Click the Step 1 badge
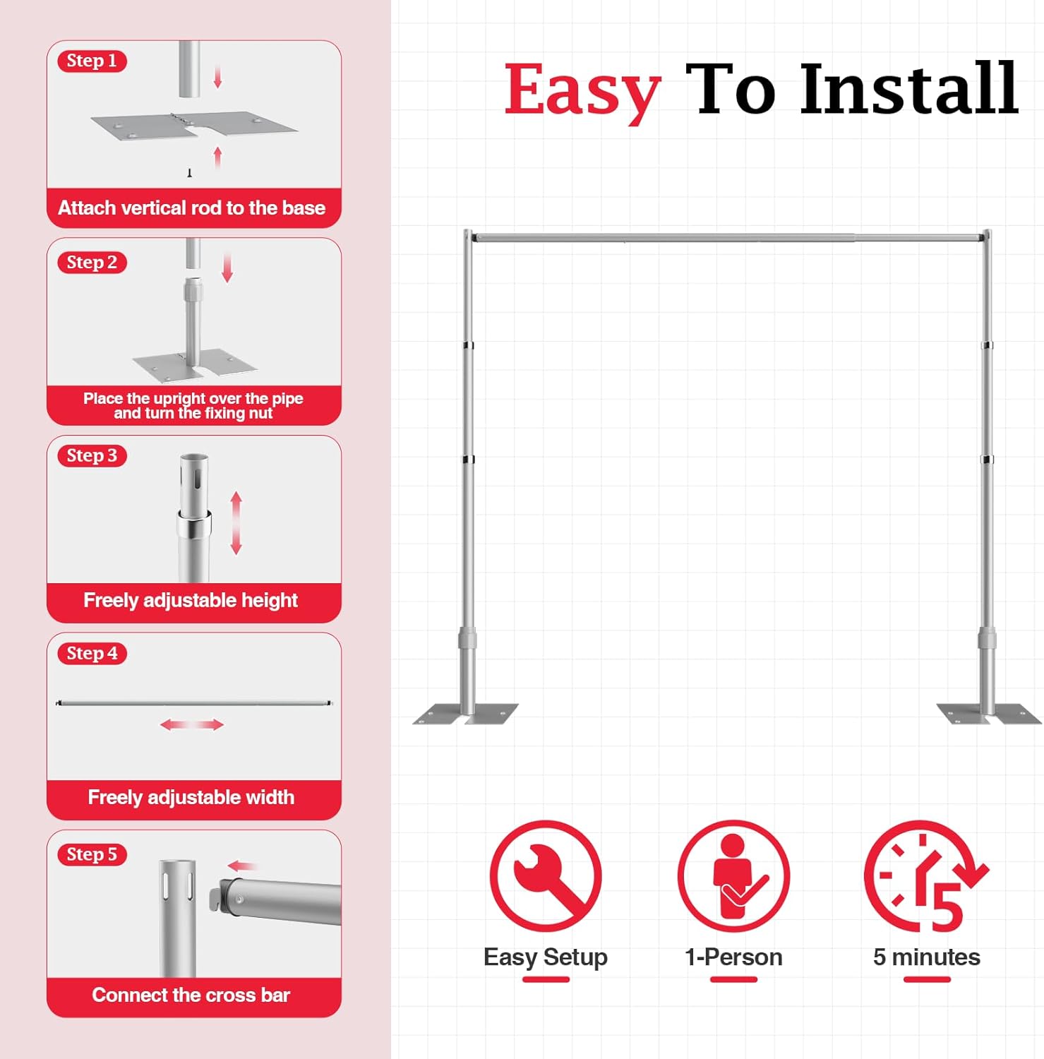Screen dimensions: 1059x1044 pos(92,61)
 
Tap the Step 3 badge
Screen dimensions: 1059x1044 pos(92,456)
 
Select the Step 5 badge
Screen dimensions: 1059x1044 pos(92,854)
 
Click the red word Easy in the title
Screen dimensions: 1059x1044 pos(582,90)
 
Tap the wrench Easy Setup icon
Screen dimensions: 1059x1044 pos(546,876)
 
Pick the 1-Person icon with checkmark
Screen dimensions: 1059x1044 pos(733,876)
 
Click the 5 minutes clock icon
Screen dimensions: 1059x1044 pos(925,876)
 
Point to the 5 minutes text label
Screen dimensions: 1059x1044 pos(926,957)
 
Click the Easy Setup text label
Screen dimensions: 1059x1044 pos(545,957)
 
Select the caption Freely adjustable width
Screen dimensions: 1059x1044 pos(191,798)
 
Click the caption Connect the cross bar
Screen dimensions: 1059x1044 pos(191,995)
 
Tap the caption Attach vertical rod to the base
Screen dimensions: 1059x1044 pos(192,208)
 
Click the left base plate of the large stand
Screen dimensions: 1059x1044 pos(465,714)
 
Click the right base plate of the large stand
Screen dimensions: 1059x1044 pos(988,714)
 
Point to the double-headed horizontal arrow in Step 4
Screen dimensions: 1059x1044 pos(192,725)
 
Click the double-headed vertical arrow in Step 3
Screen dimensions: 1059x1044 pos(236,523)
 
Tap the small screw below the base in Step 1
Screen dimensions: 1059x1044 pos(189,173)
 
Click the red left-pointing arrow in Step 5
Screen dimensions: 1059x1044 pos(242,866)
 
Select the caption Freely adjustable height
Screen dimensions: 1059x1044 pos(191,601)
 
